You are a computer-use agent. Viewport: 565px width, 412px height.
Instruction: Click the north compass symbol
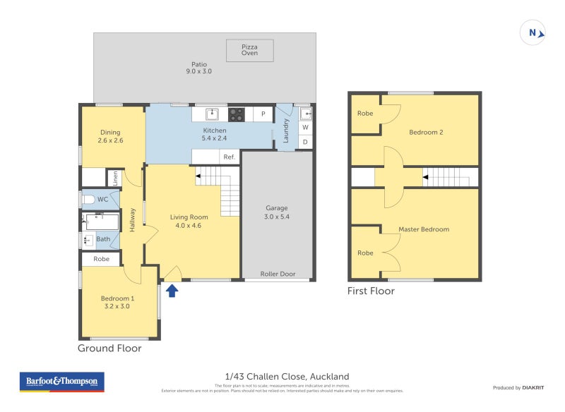(533, 32)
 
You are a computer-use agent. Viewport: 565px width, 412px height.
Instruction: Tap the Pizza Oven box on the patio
(249, 50)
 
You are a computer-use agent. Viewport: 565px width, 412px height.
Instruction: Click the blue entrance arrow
(172, 289)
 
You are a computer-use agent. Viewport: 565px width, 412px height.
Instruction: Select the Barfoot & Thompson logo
(61, 382)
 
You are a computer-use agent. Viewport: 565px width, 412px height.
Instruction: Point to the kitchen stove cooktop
(236, 114)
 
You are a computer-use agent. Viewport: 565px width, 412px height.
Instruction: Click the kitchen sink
(210, 114)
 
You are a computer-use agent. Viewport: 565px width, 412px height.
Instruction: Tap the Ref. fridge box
(229, 157)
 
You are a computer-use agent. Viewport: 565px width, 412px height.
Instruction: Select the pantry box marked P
(263, 114)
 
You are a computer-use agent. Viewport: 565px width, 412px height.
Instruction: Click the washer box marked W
(305, 128)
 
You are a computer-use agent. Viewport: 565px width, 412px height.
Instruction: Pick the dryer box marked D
(305, 142)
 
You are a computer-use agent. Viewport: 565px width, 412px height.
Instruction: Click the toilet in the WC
(89, 200)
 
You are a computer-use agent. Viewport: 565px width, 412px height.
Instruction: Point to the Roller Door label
(278, 274)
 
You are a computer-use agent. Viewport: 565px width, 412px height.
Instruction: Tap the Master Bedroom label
(424, 229)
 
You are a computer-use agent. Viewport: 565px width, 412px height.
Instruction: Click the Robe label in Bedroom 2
(365, 114)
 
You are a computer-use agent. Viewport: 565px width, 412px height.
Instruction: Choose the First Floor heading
(371, 291)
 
